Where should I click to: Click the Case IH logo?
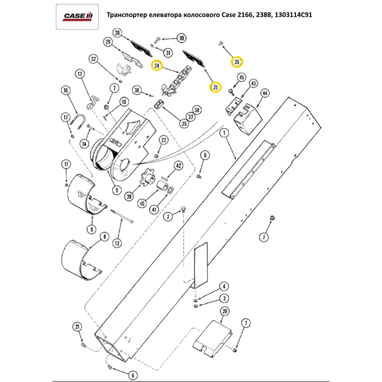click(x=78, y=16)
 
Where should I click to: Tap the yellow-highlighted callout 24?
click(x=157, y=66)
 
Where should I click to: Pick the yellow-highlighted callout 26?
click(x=236, y=62)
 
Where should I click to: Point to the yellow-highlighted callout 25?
click(x=215, y=87)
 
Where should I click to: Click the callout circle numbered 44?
click(x=264, y=93)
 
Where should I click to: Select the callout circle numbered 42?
click(x=178, y=165)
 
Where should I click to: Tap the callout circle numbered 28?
click(x=118, y=33)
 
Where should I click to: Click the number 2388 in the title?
click(x=257, y=16)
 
